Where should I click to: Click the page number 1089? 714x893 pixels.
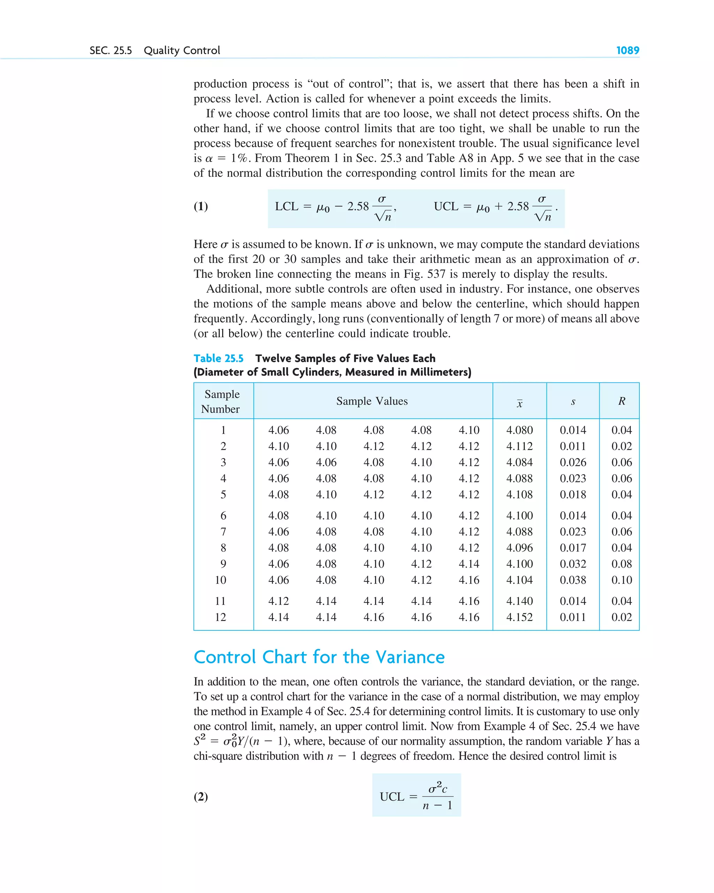(628, 51)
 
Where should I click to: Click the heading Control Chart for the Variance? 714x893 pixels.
(319, 657)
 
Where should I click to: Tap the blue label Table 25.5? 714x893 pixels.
(218, 358)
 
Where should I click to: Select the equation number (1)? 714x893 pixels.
(201, 206)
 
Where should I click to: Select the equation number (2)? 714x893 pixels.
(201, 796)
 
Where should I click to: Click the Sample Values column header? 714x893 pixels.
(372, 401)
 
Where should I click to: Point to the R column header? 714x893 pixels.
(621, 401)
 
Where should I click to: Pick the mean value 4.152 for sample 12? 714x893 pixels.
(519, 617)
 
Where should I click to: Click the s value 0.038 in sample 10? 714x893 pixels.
(573, 580)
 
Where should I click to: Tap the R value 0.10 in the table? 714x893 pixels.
(621, 580)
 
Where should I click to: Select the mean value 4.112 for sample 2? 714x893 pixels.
(519, 446)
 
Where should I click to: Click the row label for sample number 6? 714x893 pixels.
(223, 516)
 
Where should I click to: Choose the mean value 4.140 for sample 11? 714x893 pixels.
(519, 601)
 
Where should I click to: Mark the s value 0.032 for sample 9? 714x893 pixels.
(573, 564)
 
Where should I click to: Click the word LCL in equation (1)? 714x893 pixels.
(287, 206)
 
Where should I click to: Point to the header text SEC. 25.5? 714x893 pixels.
(111, 51)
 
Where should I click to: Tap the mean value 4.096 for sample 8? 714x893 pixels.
(519, 547)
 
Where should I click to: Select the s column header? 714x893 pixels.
(573, 402)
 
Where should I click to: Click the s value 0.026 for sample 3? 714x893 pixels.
(573, 462)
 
